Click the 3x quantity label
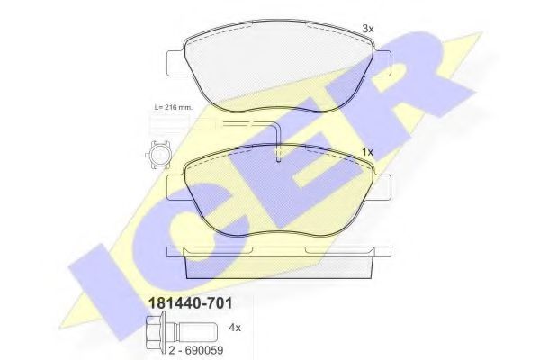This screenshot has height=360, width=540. click(367, 29)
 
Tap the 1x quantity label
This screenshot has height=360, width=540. click(367, 150)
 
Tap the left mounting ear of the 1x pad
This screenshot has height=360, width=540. click(175, 186)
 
